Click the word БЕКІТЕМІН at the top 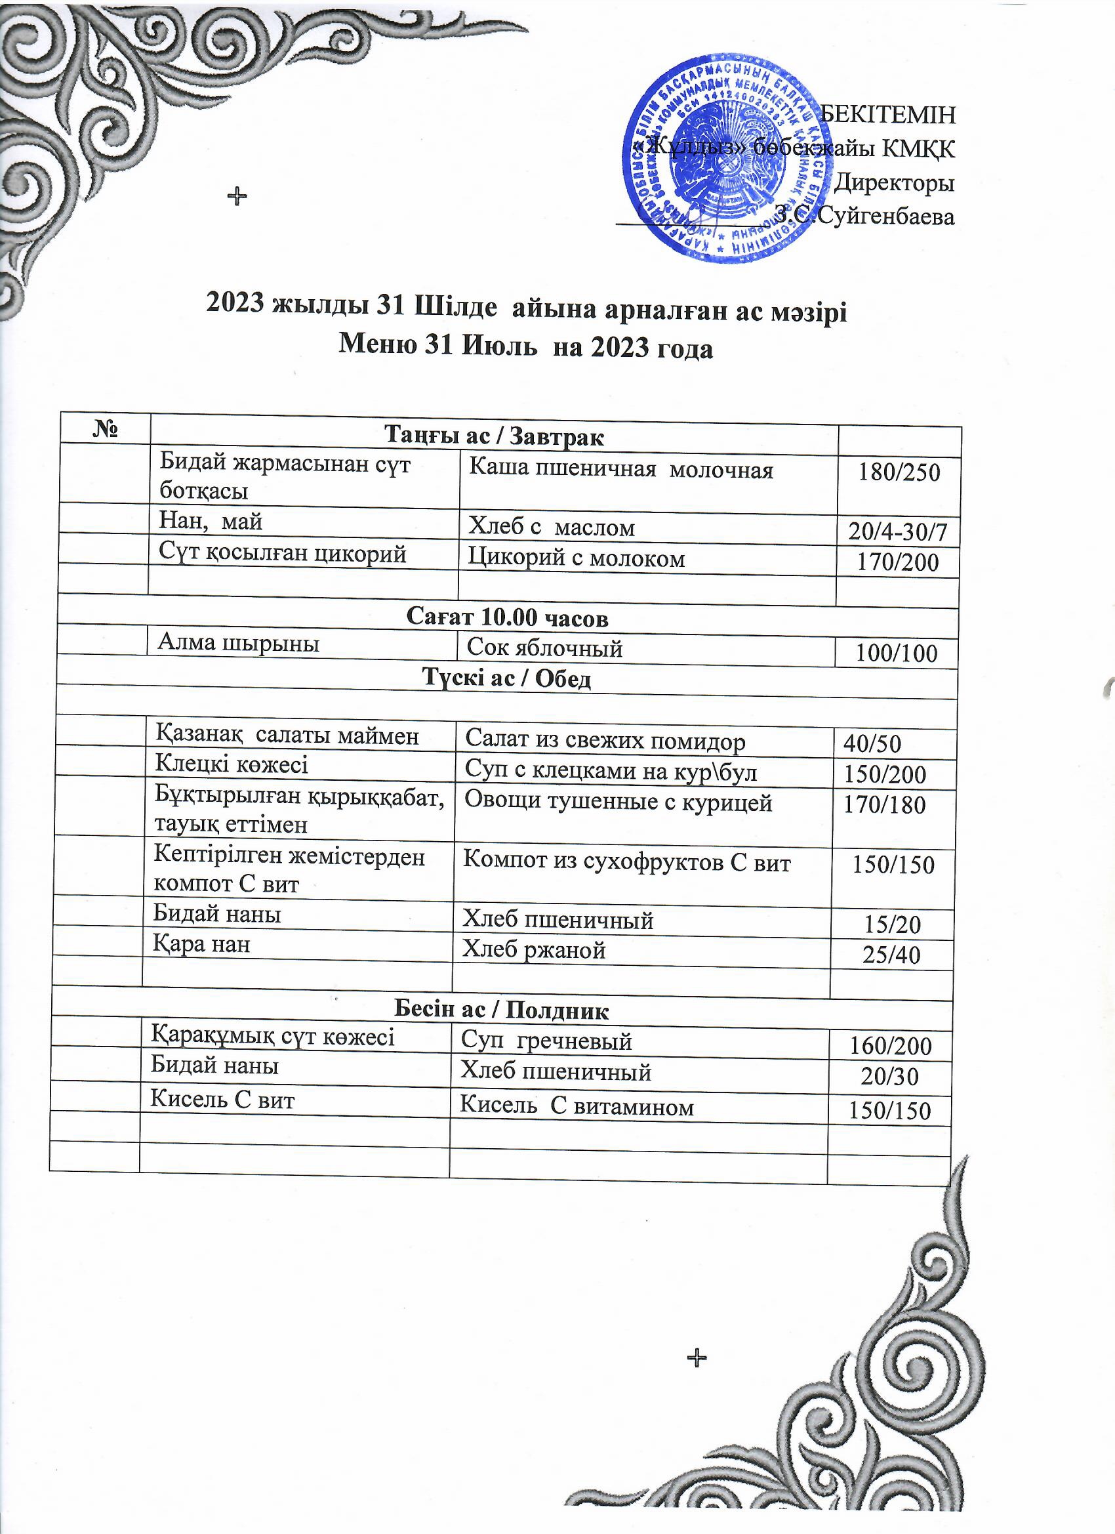coord(887,115)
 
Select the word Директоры coord(895,182)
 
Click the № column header coord(105,430)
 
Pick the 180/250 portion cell coord(899,472)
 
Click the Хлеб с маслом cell coord(552,527)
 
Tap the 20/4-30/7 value coord(897,533)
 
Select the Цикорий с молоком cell coord(577,558)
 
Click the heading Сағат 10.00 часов coord(507,617)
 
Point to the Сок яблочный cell coord(544,648)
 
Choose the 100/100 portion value coord(896,653)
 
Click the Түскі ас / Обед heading coord(506,678)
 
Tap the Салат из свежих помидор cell coord(605,742)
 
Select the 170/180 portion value coord(884,805)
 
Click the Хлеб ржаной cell coord(533,950)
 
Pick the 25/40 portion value coord(891,955)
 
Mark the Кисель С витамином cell coord(577,1108)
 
